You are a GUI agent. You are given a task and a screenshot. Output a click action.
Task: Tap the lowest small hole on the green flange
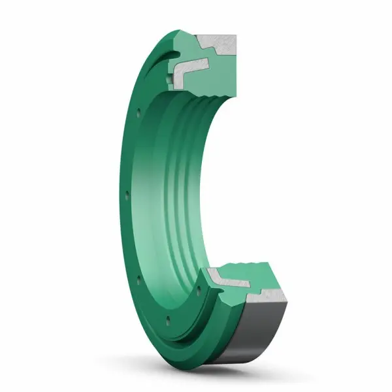[x=169, y=319]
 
